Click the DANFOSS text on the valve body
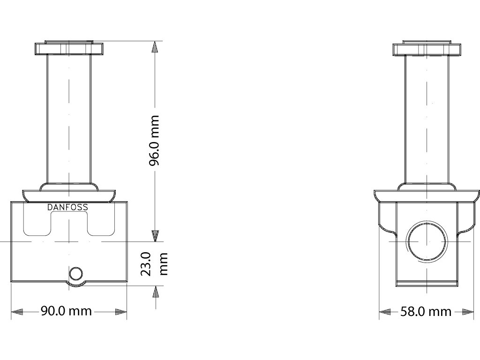[67, 207]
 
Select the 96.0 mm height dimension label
[154, 141]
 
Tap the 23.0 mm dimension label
[154, 264]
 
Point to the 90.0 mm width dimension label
[67, 311]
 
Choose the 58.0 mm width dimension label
[426, 312]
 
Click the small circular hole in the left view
[75, 273]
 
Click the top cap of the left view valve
[68, 48]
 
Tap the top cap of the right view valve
[427, 48]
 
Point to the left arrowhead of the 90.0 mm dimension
[17, 312]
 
